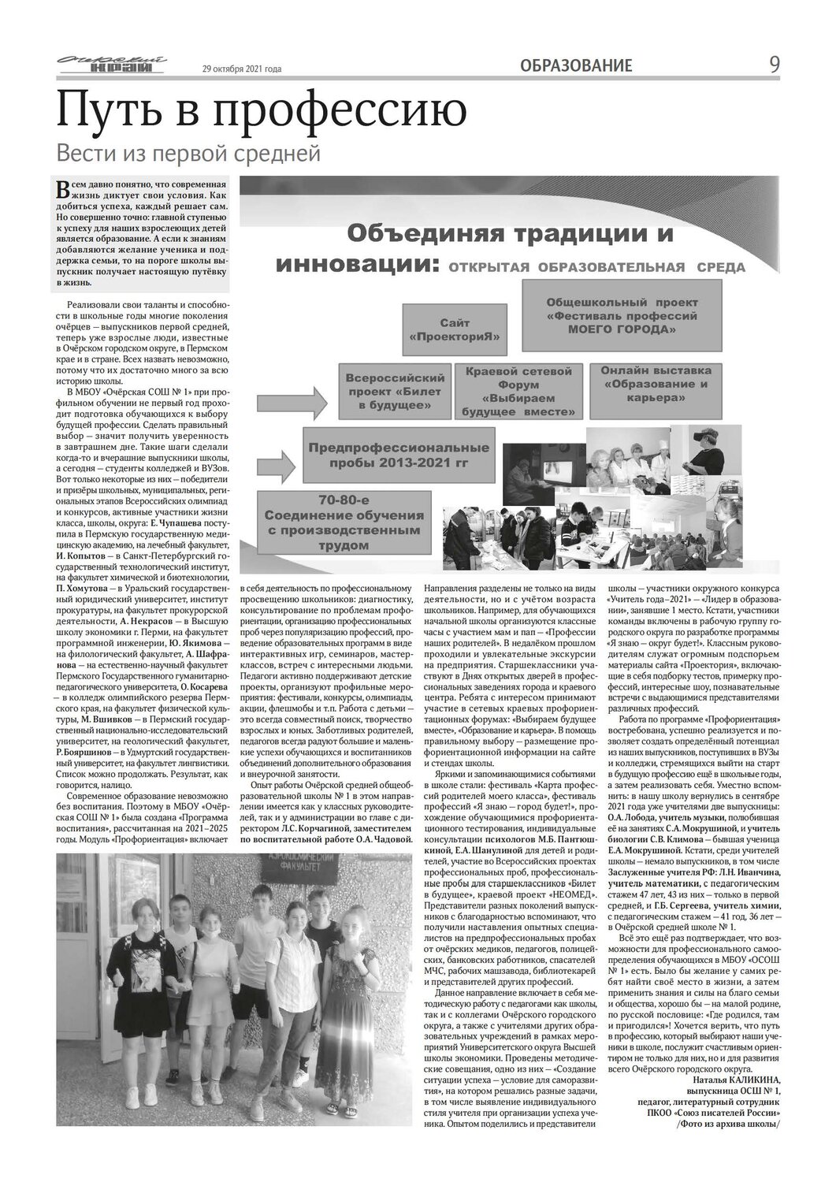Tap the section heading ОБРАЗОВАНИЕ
coord(576,66)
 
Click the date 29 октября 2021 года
coord(242,69)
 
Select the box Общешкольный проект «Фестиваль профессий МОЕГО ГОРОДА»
coord(622,315)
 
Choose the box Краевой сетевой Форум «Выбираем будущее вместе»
coord(518,391)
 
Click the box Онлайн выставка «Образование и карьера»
coord(655,385)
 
